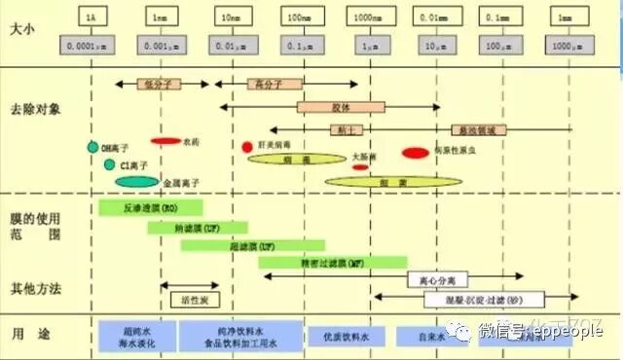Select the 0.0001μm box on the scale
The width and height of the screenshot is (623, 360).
pyautogui.click(x=91, y=45)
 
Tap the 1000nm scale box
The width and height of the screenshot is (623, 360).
pyautogui.click(x=368, y=18)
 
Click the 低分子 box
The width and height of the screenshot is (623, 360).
pyautogui.click(x=160, y=85)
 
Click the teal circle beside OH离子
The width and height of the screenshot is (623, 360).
pyautogui.click(x=92, y=148)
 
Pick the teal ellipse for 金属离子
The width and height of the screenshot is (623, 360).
pyautogui.click(x=136, y=181)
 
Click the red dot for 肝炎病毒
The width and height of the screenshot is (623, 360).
pyautogui.click(x=247, y=147)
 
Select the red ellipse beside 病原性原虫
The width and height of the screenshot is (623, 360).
pyautogui.click(x=416, y=153)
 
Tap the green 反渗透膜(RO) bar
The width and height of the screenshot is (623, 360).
pyautogui.click(x=150, y=207)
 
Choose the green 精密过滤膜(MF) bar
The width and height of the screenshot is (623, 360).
pyautogui.click(x=332, y=262)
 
